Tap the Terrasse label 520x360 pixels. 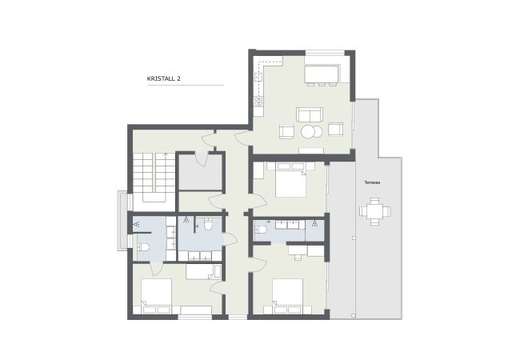(x=371, y=182)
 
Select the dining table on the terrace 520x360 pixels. (x=374, y=213)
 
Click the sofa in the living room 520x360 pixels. (x=309, y=114)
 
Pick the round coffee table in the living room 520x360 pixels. (x=310, y=131)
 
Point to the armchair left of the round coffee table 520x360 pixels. (x=286, y=130)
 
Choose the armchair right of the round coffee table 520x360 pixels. (x=334, y=129)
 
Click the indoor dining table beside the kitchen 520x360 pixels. (x=322, y=71)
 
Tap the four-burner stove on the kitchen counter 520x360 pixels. (x=258, y=101)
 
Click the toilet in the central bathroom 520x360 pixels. (x=208, y=224)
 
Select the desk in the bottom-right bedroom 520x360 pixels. (x=298, y=250)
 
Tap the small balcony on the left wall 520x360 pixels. (x=122, y=218)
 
